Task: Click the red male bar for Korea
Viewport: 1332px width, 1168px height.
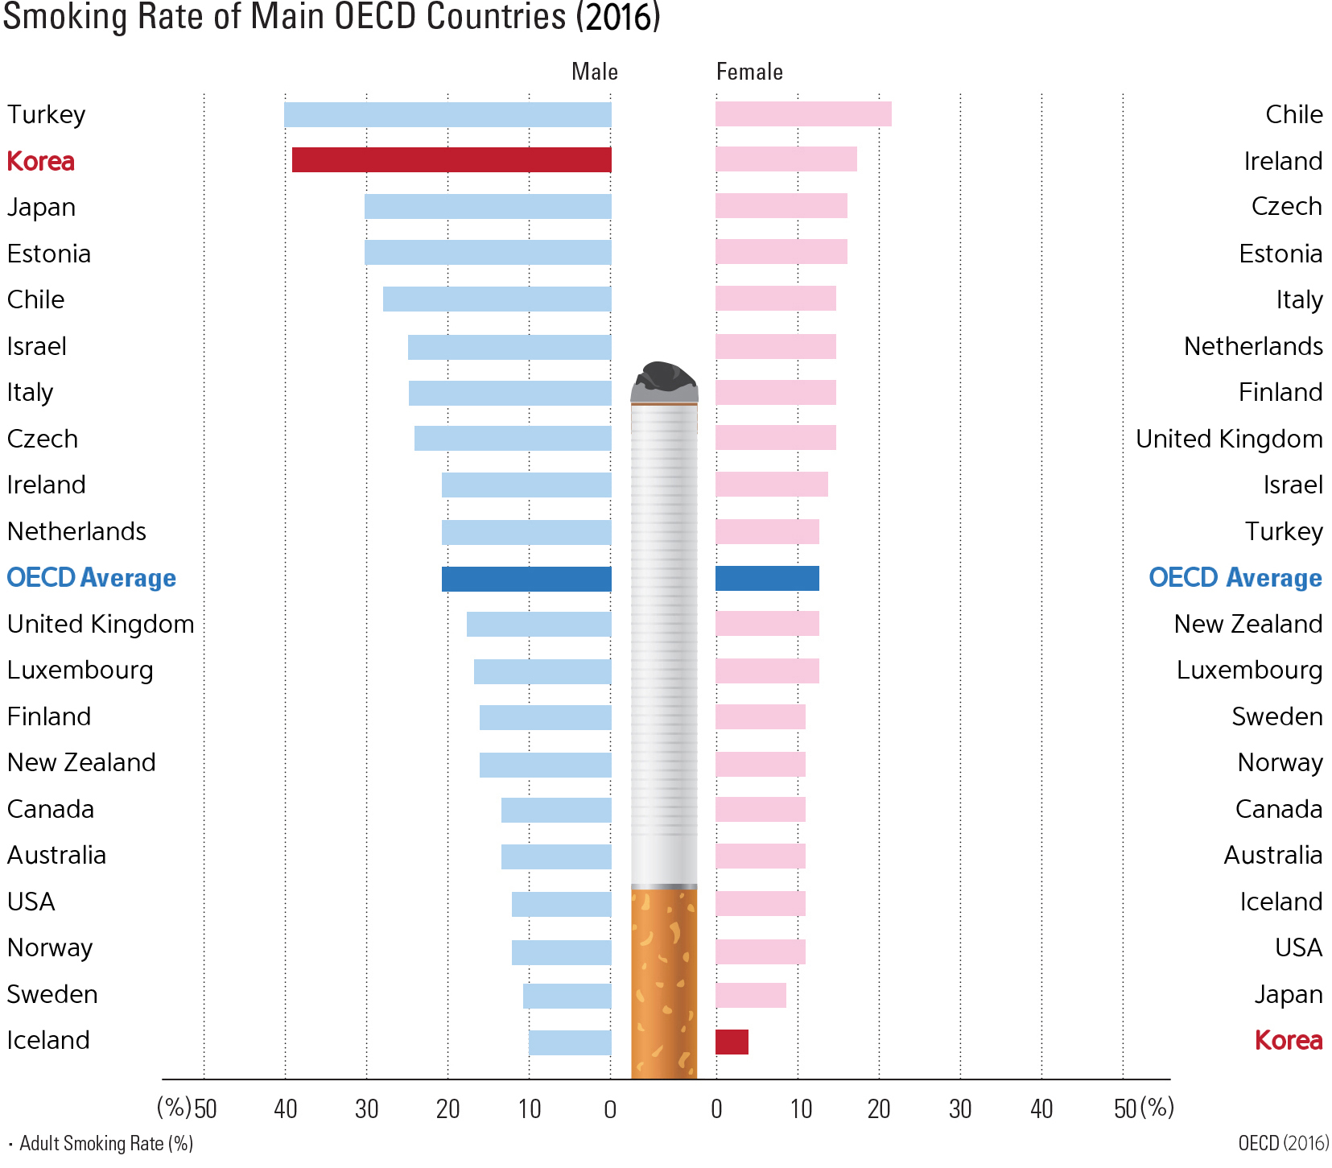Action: [452, 160]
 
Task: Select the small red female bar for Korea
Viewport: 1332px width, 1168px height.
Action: [732, 1042]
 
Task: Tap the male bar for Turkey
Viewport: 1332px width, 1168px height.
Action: [447, 114]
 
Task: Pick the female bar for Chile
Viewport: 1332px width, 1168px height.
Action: [803, 114]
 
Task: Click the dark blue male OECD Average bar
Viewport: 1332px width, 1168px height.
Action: [526, 579]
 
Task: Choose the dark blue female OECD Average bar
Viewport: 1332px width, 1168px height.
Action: [767, 579]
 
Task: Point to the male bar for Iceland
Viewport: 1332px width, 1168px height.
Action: [570, 1042]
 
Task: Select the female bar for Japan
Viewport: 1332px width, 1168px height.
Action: [750, 996]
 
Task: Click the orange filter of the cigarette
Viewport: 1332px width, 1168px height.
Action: [664, 982]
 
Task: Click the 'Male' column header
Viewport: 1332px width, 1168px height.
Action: [595, 72]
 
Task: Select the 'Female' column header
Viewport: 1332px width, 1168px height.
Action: [749, 72]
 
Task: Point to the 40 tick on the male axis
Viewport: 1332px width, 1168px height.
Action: [286, 1109]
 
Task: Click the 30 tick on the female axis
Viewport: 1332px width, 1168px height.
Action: [960, 1109]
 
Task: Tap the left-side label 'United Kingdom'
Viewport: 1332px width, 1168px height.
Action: [101, 624]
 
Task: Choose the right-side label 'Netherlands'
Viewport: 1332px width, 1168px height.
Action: [1253, 346]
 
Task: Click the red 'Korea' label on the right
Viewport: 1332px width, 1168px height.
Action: [1289, 1040]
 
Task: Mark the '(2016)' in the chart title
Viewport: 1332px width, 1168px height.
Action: [618, 18]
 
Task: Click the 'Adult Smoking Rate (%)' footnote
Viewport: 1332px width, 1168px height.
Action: [105, 1143]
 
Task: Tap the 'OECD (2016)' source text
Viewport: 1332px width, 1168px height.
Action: [1284, 1143]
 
